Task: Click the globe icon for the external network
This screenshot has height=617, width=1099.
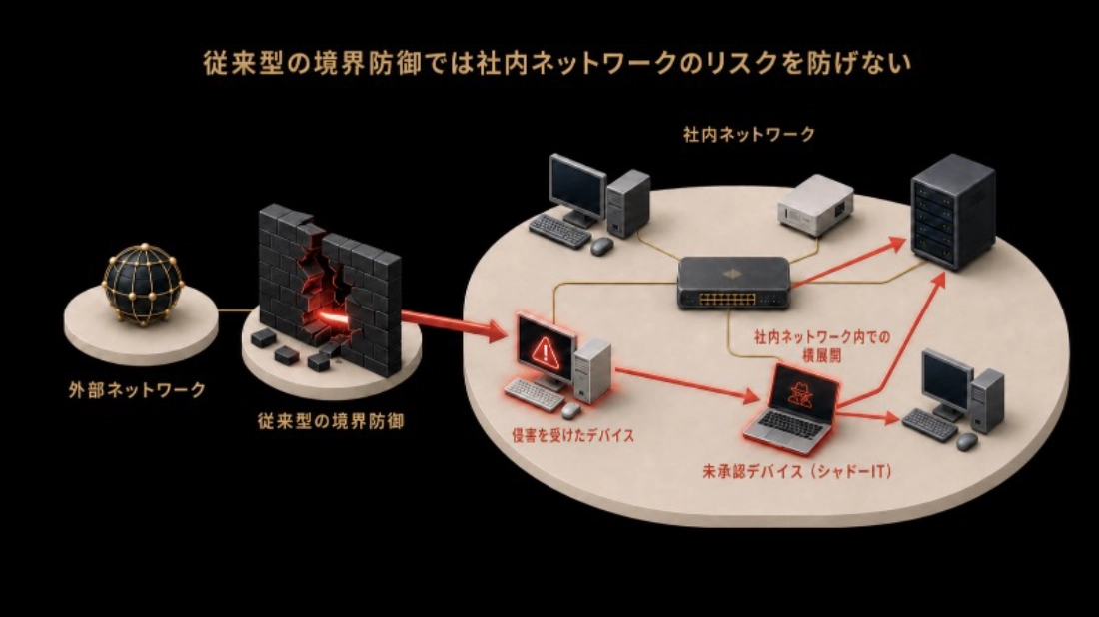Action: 143,284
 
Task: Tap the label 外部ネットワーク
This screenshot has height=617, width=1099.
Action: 138,390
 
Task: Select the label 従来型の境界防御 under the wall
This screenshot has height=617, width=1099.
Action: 330,421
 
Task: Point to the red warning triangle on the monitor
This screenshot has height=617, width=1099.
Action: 544,348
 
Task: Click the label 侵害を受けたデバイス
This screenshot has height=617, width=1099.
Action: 572,435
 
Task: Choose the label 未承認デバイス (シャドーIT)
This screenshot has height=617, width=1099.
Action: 796,471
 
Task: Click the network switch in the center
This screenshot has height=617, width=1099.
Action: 733,282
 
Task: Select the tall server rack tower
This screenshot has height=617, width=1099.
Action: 952,212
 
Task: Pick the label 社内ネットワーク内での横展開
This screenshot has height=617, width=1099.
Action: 822,346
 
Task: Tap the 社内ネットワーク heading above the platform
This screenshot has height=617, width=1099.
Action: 749,134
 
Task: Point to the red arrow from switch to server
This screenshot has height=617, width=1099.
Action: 849,262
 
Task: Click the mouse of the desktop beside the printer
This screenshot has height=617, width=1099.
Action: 601,246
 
